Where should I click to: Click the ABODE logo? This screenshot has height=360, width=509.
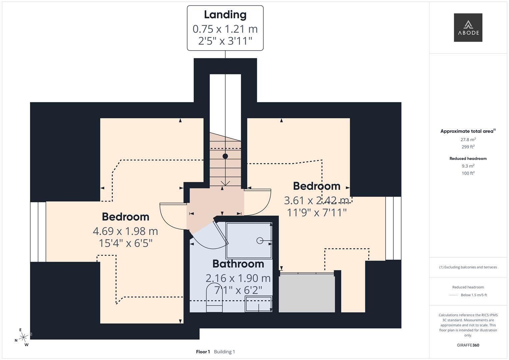(x=468, y=28)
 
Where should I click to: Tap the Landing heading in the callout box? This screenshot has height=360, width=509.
(x=225, y=15)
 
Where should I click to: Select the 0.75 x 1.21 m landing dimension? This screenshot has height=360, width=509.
(x=225, y=29)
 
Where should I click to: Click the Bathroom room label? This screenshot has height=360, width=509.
(x=238, y=264)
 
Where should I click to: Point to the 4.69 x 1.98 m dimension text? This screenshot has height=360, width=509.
(x=125, y=231)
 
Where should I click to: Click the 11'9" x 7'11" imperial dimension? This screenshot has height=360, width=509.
(x=317, y=212)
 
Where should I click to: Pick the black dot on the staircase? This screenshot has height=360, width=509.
(x=225, y=156)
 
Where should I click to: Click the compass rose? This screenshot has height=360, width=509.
(x=23, y=337)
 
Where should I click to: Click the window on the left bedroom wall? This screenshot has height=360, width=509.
(x=38, y=232)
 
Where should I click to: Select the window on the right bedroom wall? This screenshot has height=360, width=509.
(x=393, y=228)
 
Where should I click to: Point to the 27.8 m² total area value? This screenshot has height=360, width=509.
(x=468, y=140)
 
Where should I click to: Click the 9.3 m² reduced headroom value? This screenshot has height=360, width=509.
(x=468, y=166)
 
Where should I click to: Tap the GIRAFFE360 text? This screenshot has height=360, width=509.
(x=468, y=345)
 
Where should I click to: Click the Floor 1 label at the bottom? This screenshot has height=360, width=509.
(x=203, y=352)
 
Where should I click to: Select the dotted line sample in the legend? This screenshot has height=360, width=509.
(x=454, y=295)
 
